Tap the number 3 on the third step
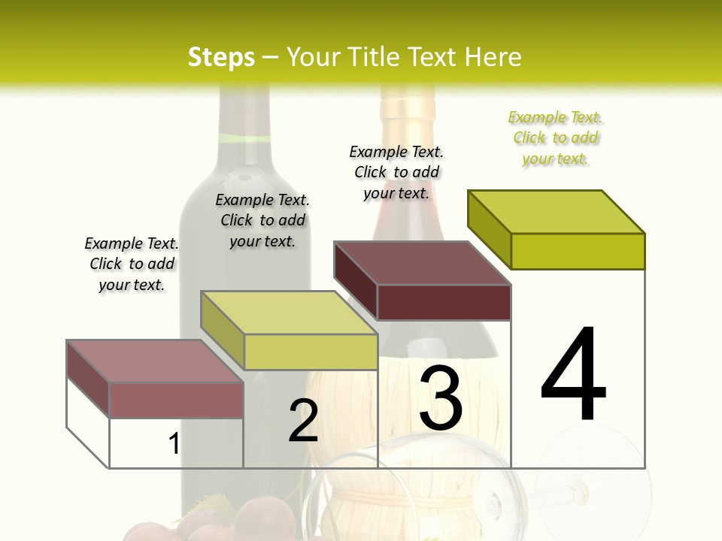[x=441, y=398]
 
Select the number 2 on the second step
[x=303, y=421]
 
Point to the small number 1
[x=174, y=443]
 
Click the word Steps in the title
[x=221, y=57]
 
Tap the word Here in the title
[x=493, y=57]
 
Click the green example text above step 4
[x=556, y=138]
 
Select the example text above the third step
[x=396, y=172]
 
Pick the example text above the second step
[x=262, y=220]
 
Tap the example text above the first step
[x=132, y=264]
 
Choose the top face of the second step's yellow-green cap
[x=289, y=313]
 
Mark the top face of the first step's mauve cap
[x=155, y=361]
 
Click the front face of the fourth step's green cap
[x=578, y=251]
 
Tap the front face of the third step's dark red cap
[x=444, y=302]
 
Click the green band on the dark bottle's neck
[x=244, y=138]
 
